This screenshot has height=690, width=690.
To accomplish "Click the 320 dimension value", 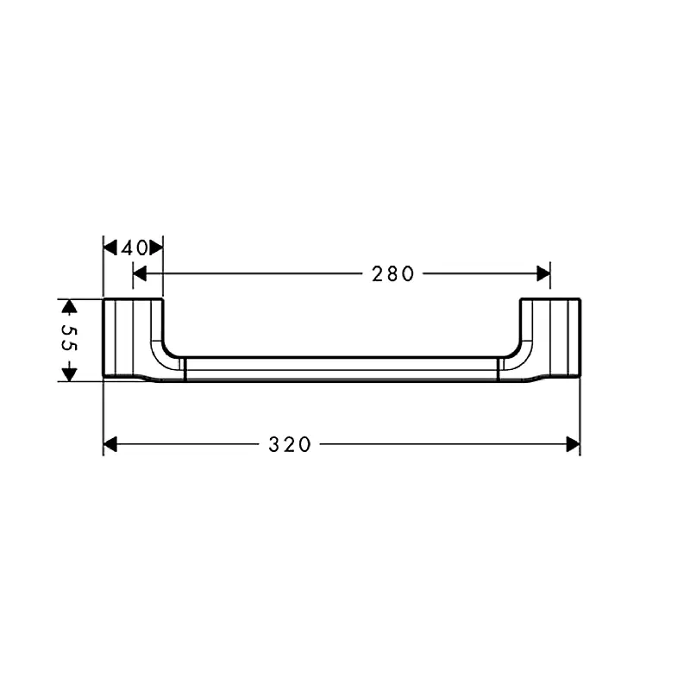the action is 290,444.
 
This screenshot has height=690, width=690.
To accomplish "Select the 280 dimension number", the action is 393,273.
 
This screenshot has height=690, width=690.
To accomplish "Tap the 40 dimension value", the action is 135,248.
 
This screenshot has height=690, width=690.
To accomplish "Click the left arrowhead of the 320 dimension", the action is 110,444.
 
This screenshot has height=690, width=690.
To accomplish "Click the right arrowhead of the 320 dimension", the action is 573,444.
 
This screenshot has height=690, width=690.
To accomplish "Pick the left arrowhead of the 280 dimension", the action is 140,273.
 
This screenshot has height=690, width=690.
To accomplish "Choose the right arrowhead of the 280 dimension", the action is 543,273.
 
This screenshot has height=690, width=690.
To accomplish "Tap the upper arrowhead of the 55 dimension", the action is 69,306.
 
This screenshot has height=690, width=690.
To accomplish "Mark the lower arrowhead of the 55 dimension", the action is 69,374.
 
